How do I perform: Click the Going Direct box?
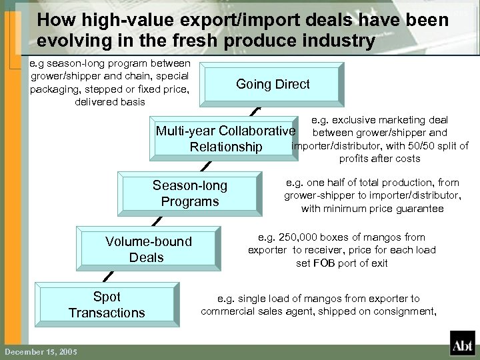click(x=273, y=84)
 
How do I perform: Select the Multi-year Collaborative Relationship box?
click(x=225, y=139)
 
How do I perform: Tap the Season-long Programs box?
click(x=189, y=193)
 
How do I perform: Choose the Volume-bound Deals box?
click(x=147, y=249)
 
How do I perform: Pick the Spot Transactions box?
click(x=106, y=305)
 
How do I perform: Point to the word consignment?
click(x=406, y=311)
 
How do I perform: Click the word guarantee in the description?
click(x=422, y=209)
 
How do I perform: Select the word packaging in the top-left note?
click(x=54, y=89)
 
